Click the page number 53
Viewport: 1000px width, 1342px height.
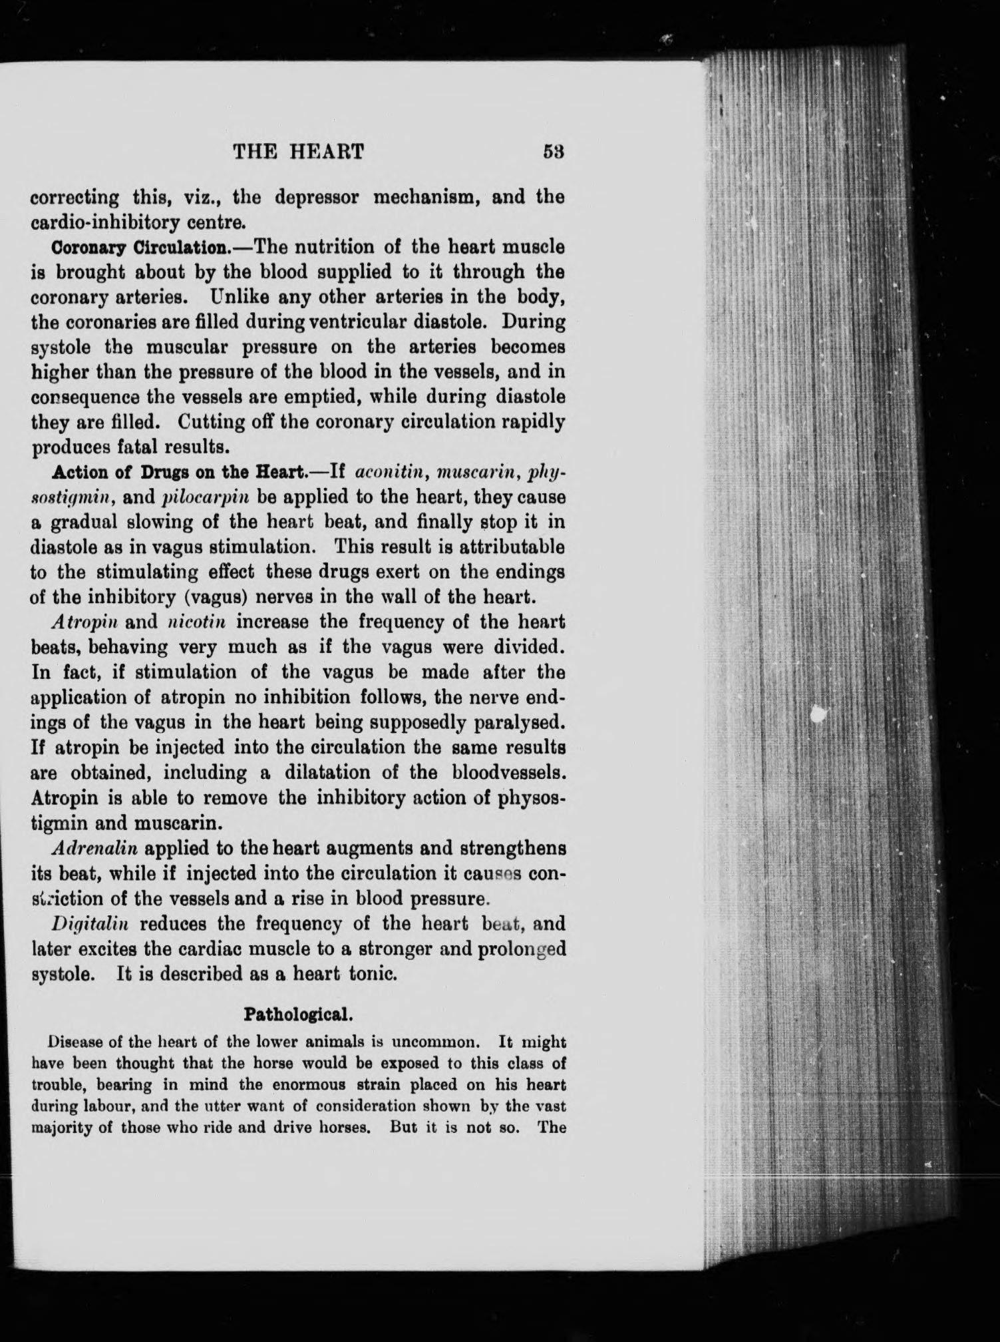tap(554, 152)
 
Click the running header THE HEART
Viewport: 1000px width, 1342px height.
tap(298, 152)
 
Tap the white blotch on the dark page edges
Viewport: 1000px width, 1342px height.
tap(820, 714)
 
